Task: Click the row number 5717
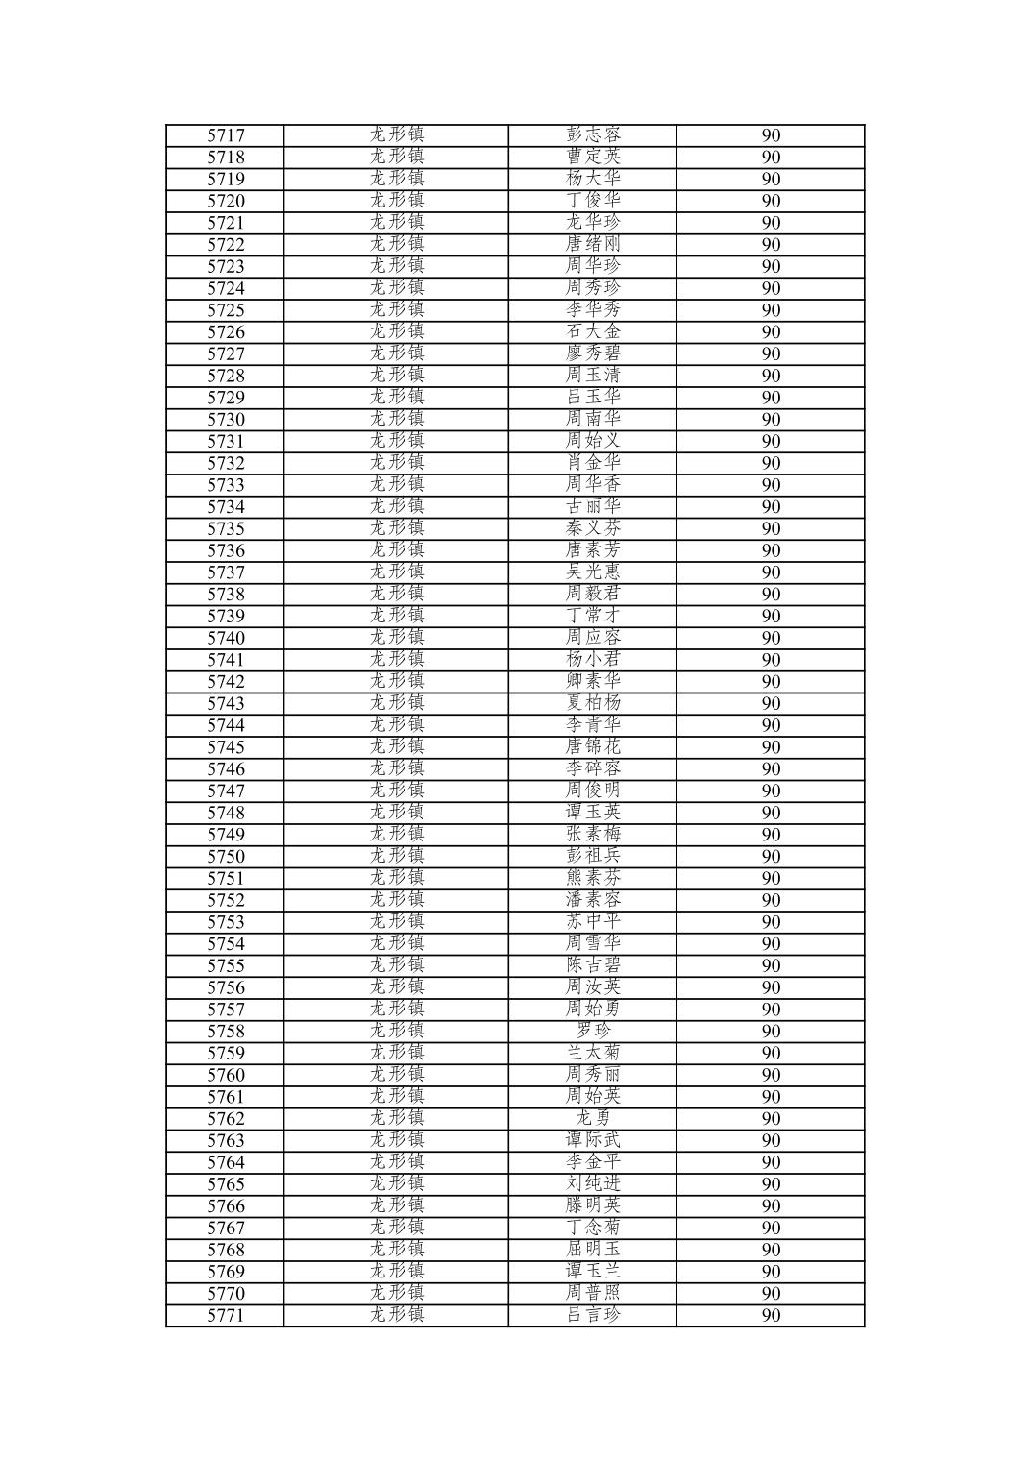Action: [x=226, y=135]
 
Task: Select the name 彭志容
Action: [x=593, y=135]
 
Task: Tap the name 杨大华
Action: [x=593, y=179]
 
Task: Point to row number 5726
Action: [x=226, y=332]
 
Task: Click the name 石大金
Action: [x=593, y=332]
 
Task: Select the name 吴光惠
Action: [x=593, y=572]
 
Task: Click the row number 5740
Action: [x=226, y=638]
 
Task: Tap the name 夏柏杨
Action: [x=593, y=703]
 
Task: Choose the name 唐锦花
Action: [x=593, y=747]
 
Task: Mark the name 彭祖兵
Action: [x=593, y=857]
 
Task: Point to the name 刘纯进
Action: [x=593, y=1184]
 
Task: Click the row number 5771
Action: [x=226, y=1316]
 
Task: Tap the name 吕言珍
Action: [x=593, y=1316]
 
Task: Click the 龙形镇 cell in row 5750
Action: [x=397, y=857]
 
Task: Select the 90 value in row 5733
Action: [x=771, y=485]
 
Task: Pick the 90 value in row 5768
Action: [x=771, y=1250]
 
